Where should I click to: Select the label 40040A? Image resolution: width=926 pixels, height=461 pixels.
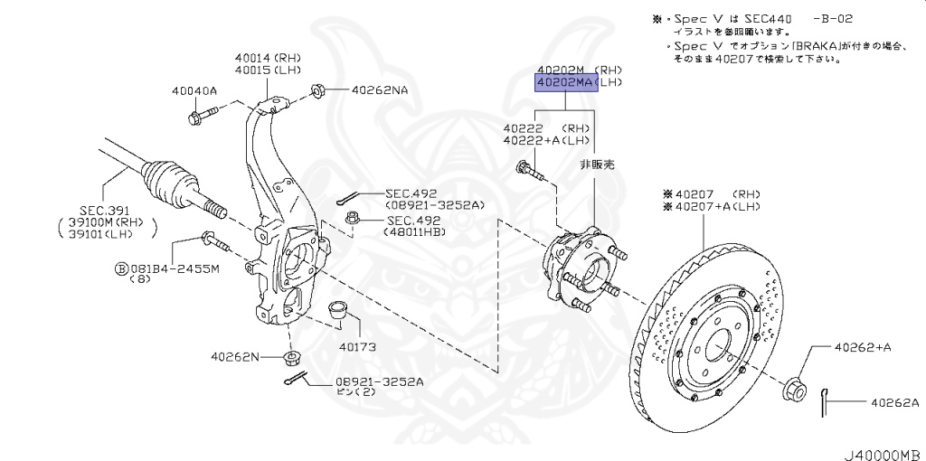(x=194, y=90)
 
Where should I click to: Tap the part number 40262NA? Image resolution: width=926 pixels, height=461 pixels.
(x=379, y=90)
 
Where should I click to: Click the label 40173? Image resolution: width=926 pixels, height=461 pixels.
(x=357, y=346)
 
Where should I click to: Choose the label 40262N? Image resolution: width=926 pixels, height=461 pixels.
(x=235, y=356)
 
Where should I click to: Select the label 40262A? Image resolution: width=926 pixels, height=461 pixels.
(x=894, y=402)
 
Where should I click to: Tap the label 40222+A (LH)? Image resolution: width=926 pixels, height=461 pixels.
(x=546, y=140)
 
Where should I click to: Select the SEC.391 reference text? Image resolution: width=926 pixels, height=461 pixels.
(x=106, y=209)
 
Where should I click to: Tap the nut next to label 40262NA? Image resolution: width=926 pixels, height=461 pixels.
(x=318, y=89)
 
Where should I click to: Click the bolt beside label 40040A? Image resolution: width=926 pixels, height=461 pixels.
(x=206, y=115)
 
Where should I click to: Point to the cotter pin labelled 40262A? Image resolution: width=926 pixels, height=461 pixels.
(x=826, y=401)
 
